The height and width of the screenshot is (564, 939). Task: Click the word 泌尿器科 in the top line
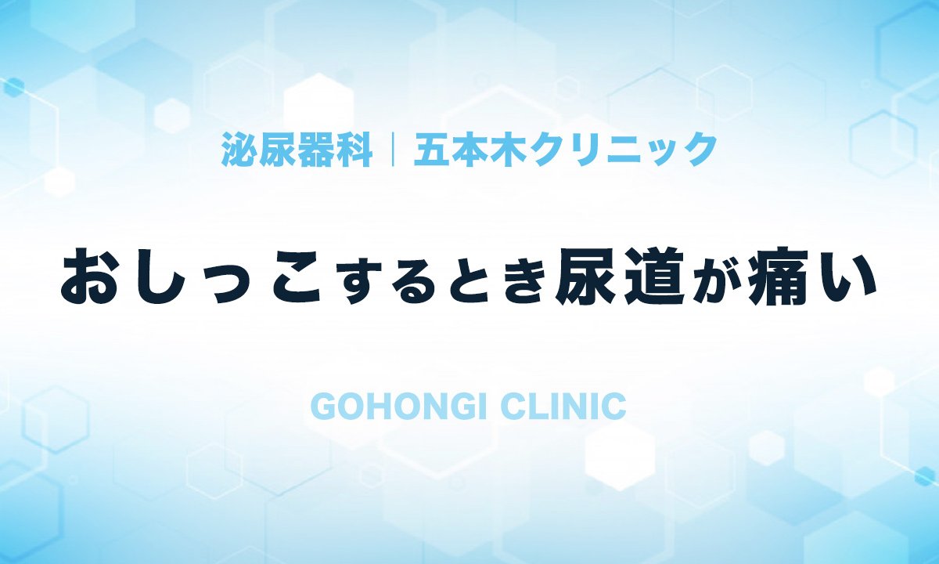click(297, 150)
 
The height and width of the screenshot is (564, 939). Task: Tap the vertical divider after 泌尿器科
click(393, 150)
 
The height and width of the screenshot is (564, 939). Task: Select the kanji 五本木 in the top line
click(470, 150)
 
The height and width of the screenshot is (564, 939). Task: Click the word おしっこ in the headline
click(192, 277)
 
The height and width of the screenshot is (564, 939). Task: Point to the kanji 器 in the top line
click(315, 150)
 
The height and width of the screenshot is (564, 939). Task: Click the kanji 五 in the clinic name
click(432, 150)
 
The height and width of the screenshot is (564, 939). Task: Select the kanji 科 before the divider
click(354, 150)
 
